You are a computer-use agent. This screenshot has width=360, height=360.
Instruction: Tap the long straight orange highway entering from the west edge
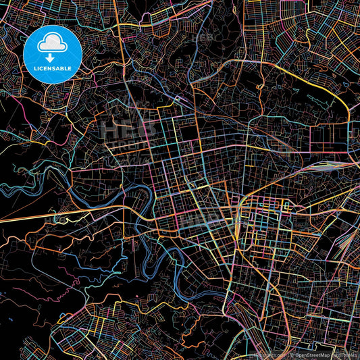pyautogui.click(x=41, y=215)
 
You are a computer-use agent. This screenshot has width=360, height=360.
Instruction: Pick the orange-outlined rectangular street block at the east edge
pyautogui.click(x=327, y=138)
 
